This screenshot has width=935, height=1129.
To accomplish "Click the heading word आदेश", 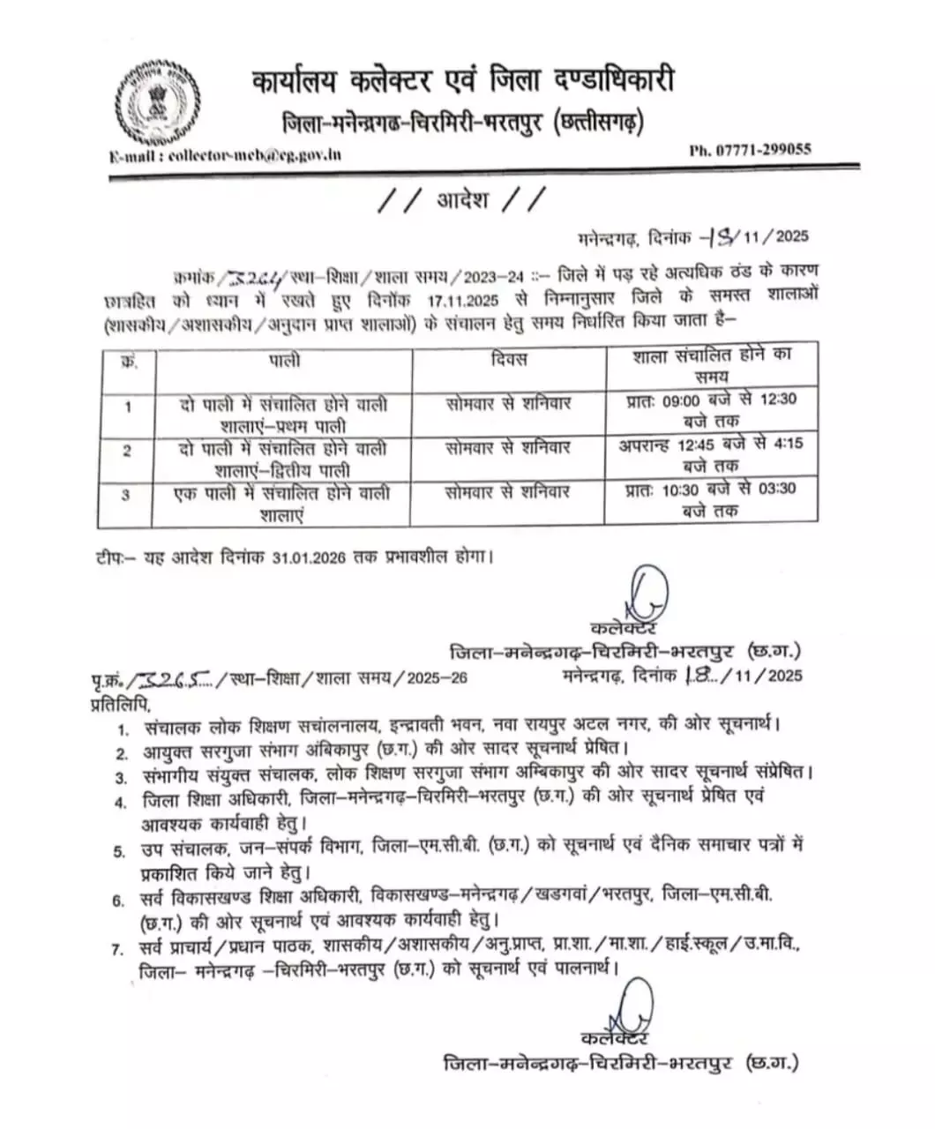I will point(462,200).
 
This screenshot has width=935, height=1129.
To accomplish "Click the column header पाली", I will point(284,360).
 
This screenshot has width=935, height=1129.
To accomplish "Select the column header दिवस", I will point(507,360).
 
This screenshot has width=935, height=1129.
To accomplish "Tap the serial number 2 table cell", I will point(127,452).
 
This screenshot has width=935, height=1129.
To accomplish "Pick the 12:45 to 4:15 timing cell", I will point(711,454).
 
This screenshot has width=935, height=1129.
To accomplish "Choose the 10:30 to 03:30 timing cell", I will point(711,499).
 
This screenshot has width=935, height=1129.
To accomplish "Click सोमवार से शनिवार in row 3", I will point(507,491).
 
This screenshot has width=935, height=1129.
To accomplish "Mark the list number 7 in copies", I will point(116,949).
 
